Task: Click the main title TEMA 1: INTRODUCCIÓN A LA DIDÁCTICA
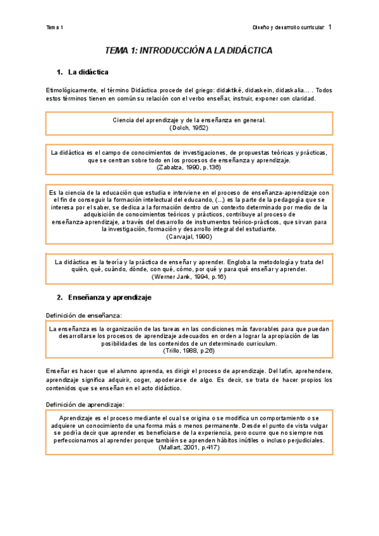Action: point(189,51)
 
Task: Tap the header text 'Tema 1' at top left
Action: point(55,28)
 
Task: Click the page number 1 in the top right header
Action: point(330,27)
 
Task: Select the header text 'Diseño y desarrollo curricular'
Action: point(288,28)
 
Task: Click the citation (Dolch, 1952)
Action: point(189,128)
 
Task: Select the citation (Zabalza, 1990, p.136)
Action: point(189,169)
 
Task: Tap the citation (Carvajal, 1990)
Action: point(189,237)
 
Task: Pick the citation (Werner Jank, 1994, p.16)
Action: point(189,277)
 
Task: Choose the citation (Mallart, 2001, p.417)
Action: point(189,448)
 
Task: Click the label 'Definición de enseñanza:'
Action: point(84,315)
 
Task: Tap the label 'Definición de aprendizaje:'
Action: point(85,405)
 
